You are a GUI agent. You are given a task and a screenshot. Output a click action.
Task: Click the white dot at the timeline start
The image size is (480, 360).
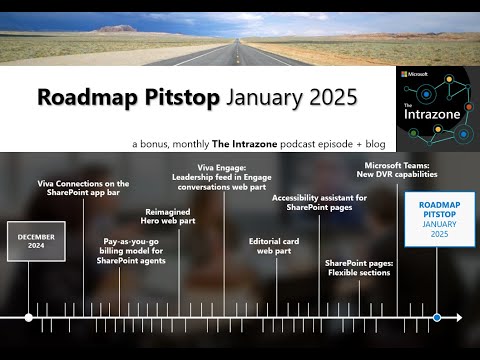pyautogui.click(x=28, y=318)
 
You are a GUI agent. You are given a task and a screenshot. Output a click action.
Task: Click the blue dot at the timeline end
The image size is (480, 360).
pyautogui.click(x=437, y=318)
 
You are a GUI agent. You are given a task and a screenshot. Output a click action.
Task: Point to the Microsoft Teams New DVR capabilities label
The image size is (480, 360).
pyautogui.click(x=397, y=170)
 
